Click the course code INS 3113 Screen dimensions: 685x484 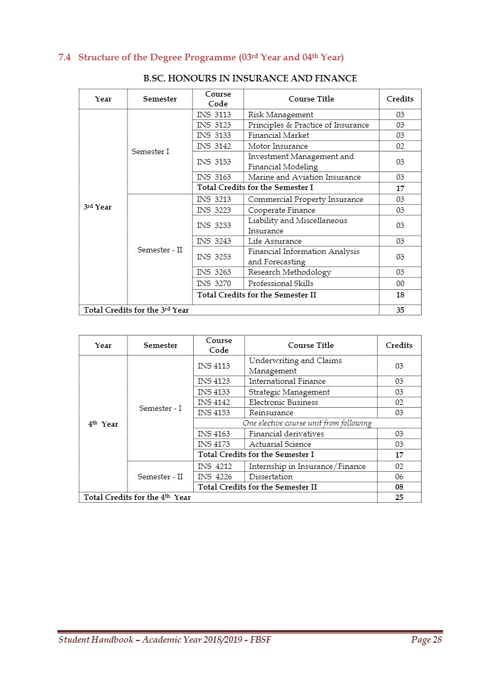tap(213, 115)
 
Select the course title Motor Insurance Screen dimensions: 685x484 tap(278, 146)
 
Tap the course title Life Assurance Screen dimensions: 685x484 tap(275, 241)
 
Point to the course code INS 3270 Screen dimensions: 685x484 tap(213, 283)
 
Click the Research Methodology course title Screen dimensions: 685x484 tap(289, 272)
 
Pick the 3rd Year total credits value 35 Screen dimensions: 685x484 tap(400, 310)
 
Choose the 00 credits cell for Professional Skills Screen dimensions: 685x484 tap(400, 283)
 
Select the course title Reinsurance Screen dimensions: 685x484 tap(271, 413)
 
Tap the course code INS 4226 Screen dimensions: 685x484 tap(214, 477)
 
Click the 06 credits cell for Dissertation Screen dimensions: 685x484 tap(399, 477)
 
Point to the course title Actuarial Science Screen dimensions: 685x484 tap(280, 444)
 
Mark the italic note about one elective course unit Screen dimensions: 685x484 tap(307, 423)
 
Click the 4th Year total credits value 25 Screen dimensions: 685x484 tap(399, 497)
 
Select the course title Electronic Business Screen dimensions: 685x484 tap(283, 402)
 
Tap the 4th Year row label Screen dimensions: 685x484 tap(103, 424)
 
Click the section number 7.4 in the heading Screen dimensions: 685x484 tap(65, 57)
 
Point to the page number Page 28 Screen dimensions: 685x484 tap(426, 640)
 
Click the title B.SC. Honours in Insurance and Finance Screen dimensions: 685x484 tap(250, 78)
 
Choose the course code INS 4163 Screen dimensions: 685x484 tap(214, 434)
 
